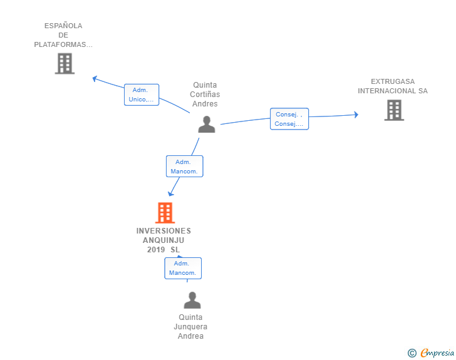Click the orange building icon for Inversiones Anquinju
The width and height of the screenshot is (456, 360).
tap(165, 213)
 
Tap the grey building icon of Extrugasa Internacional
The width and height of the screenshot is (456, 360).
tap(394, 110)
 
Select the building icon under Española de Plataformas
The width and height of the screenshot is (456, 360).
tap(65, 63)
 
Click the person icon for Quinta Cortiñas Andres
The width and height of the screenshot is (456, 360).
tap(206, 124)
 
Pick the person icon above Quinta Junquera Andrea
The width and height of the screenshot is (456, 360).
tap(192, 300)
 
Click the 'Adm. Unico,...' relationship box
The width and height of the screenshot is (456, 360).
tap(142, 95)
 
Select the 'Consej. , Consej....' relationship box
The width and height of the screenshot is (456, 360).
tap(289, 119)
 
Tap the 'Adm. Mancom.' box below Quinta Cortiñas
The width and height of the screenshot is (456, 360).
tap(185, 167)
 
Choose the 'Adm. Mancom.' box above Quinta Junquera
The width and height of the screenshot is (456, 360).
tap(183, 268)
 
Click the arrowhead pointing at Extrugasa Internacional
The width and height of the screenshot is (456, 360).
tap(356, 115)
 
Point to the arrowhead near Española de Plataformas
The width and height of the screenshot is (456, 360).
tap(95, 78)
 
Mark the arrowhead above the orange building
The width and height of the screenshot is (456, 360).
tap(170, 193)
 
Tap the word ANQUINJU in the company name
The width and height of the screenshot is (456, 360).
tap(163, 240)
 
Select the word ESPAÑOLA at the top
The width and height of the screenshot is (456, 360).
tap(63, 26)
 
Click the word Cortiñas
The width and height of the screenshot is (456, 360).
tap(205, 95)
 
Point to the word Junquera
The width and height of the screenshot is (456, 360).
tap(190, 327)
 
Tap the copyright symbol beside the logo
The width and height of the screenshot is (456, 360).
tap(412, 353)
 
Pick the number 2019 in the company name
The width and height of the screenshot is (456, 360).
tap(156, 250)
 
